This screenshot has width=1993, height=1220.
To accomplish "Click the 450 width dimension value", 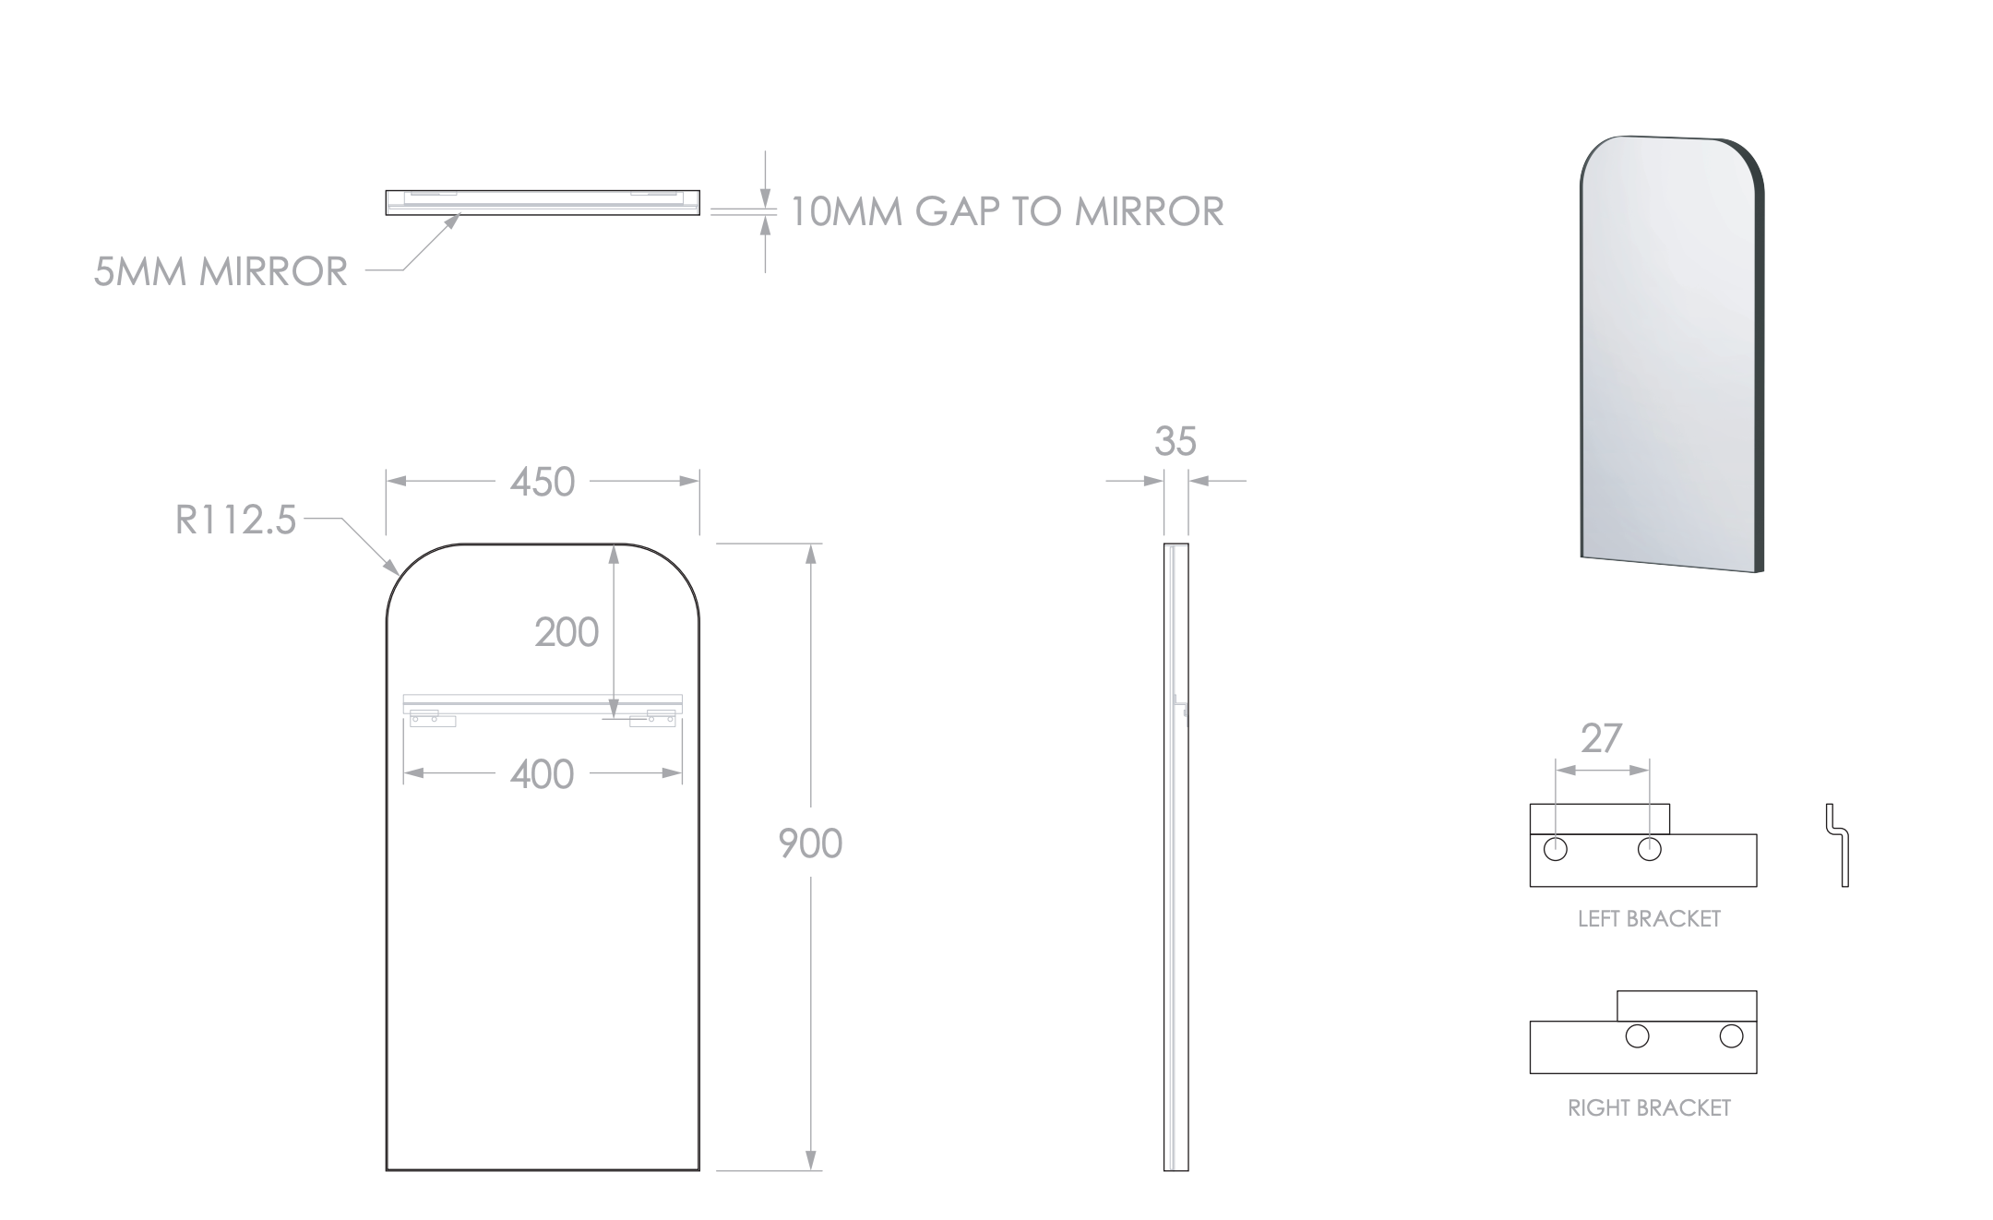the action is click(x=543, y=482).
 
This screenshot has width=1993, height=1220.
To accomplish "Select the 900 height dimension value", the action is click(x=810, y=843).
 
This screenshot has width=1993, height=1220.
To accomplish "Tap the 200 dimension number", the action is click(x=567, y=633).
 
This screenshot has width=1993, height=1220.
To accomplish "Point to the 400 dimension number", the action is click(x=543, y=774).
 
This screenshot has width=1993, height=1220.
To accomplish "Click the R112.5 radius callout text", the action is click(x=235, y=520).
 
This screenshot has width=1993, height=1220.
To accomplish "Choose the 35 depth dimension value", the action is click(x=1176, y=442).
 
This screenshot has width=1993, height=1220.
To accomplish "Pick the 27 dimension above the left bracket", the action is click(x=1601, y=738).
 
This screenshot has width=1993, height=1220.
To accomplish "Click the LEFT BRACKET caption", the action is click(x=1649, y=919).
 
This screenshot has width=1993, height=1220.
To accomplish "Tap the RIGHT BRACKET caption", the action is click(x=1649, y=1108).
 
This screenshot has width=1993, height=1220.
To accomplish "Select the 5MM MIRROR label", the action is click(x=221, y=271).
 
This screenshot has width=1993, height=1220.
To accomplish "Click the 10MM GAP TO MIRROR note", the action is click(x=1007, y=211).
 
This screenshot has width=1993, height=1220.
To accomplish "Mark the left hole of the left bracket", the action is click(x=1556, y=849).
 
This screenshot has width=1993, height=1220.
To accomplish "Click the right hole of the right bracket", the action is click(x=1731, y=1036).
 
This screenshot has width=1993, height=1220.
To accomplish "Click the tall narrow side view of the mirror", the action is click(x=1176, y=857).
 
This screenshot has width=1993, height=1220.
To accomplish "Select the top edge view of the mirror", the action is click(x=543, y=203).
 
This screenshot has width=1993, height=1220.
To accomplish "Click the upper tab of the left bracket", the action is click(x=1599, y=819).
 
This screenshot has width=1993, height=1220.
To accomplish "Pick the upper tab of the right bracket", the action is click(x=1687, y=1006).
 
